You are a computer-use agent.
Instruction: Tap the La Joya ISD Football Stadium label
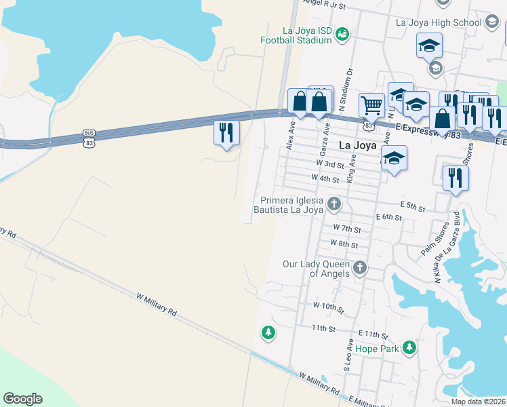click(297, 35)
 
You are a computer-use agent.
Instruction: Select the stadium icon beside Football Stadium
click(342, 33)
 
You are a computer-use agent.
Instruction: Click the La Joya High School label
click(438, 22)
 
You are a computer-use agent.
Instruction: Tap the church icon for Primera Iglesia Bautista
click(333, 203)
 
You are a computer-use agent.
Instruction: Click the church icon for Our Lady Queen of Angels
click(360, 269)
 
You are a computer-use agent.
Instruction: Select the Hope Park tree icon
click(409, 348)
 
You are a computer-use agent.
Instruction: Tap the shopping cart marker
click(371, 105)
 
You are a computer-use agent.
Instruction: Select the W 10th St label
click(329, 307)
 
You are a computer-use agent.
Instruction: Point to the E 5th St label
click(413, 205)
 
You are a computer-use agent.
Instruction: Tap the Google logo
click(22, 399)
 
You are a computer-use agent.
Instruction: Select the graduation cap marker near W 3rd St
click(394, 158)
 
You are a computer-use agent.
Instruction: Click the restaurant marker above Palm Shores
click(455, 178)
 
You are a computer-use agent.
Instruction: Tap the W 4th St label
click(325, 178)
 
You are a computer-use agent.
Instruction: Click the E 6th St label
click(389, 217)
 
